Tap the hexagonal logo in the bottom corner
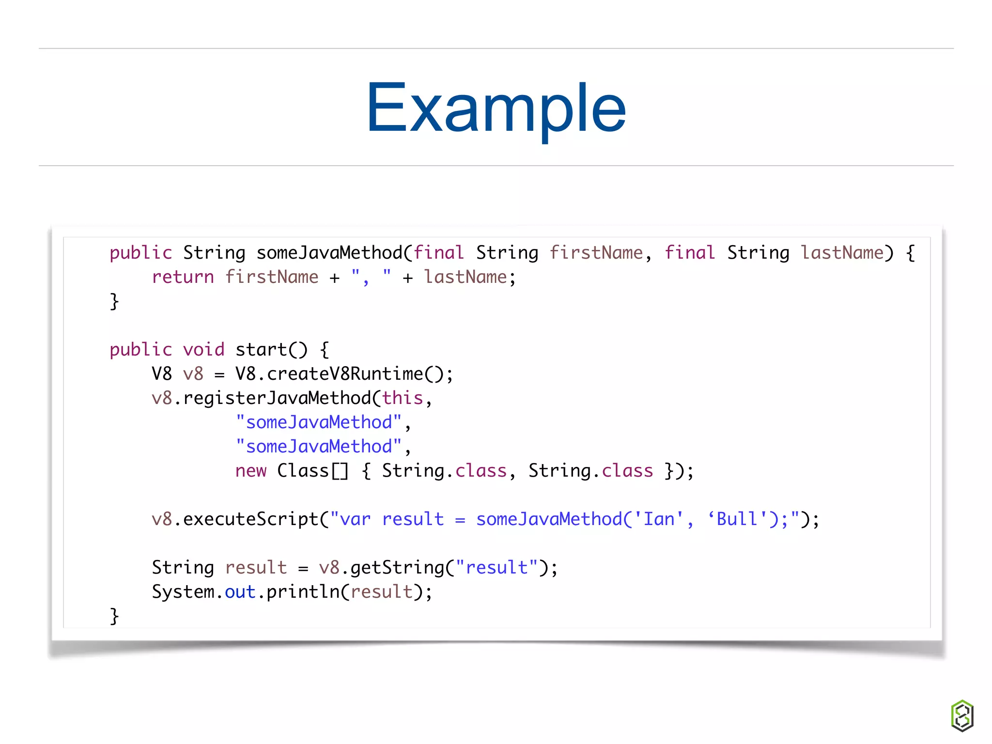pos(962,715)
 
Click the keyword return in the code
pos(183,277)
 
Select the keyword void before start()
pos(203,350)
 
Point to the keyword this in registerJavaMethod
pos(403,398)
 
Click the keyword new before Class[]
pos(250,471)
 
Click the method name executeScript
pos(250,519)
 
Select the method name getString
pos(397,568)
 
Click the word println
pos(303,592)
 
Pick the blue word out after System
pos(240,592)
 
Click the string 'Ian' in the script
pos(658,519)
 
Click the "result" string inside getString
pos(496,568)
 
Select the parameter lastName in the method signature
pos(842,253)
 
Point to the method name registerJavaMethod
pos(277,398)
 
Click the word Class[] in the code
pos(312,471)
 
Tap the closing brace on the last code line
pos(114,616)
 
